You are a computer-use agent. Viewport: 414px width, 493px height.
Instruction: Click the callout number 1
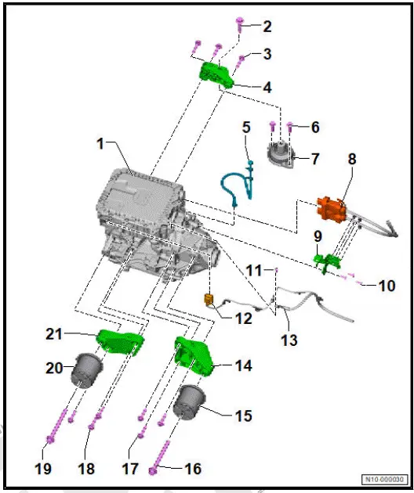pyautogui.click(x=100, y=144)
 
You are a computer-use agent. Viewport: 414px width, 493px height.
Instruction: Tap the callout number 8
pyautogui.click(x=352, y=160)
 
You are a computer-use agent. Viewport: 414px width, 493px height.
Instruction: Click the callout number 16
pyautogui.click(x=192, y=469)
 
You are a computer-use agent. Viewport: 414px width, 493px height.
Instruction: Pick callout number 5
pyautogui.click(x=245, y=126)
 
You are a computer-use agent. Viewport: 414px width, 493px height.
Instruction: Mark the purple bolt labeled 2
pyautogui.click(x=239, y=27)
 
